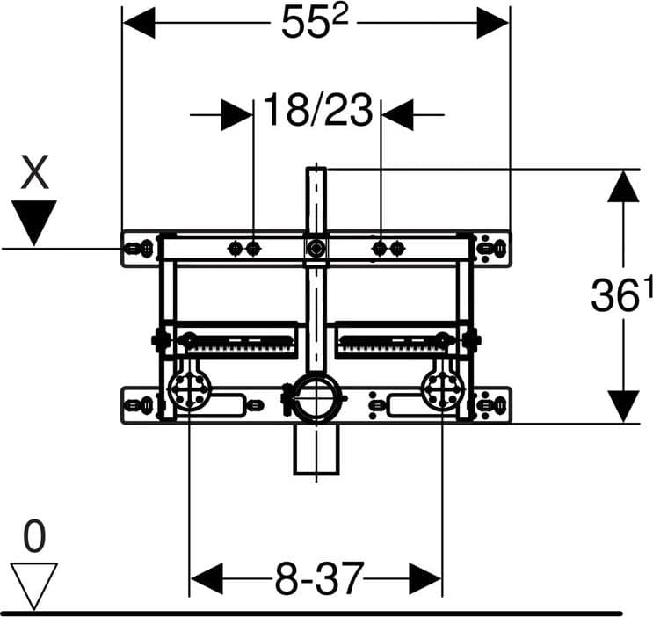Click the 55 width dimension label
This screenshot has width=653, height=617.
tap(315, 22)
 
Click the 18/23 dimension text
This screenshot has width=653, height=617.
tap(318, 110)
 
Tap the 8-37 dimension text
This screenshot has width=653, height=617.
tap(319, 578)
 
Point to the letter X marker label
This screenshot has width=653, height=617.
tap(34, 171)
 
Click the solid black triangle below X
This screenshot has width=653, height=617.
tap(33, 223)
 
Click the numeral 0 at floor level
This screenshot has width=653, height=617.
tap(33, 537)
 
